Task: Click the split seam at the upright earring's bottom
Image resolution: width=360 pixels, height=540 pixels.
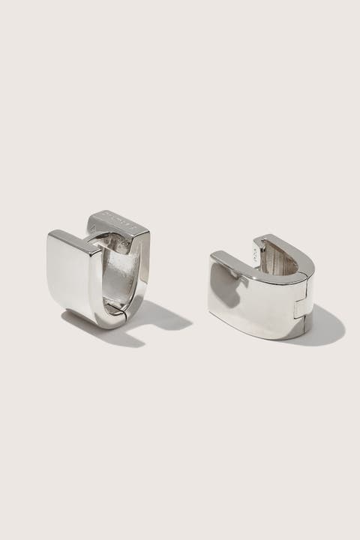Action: coord(112,309)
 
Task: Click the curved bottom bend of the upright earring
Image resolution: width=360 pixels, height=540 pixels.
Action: coord(105,319)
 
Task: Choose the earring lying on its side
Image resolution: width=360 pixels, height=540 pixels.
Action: coord(266,289)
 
